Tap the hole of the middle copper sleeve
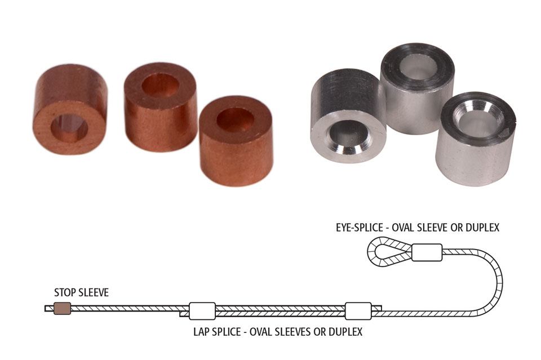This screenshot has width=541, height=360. (160, 86)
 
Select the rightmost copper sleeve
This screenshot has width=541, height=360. (236, 141)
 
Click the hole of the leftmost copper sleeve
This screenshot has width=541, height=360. (69, 128)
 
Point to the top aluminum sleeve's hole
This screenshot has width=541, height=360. (418, 64)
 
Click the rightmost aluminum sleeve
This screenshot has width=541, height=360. (476, 139)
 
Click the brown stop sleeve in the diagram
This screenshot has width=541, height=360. (63, 308)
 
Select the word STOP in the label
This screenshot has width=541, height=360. (64, 292)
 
